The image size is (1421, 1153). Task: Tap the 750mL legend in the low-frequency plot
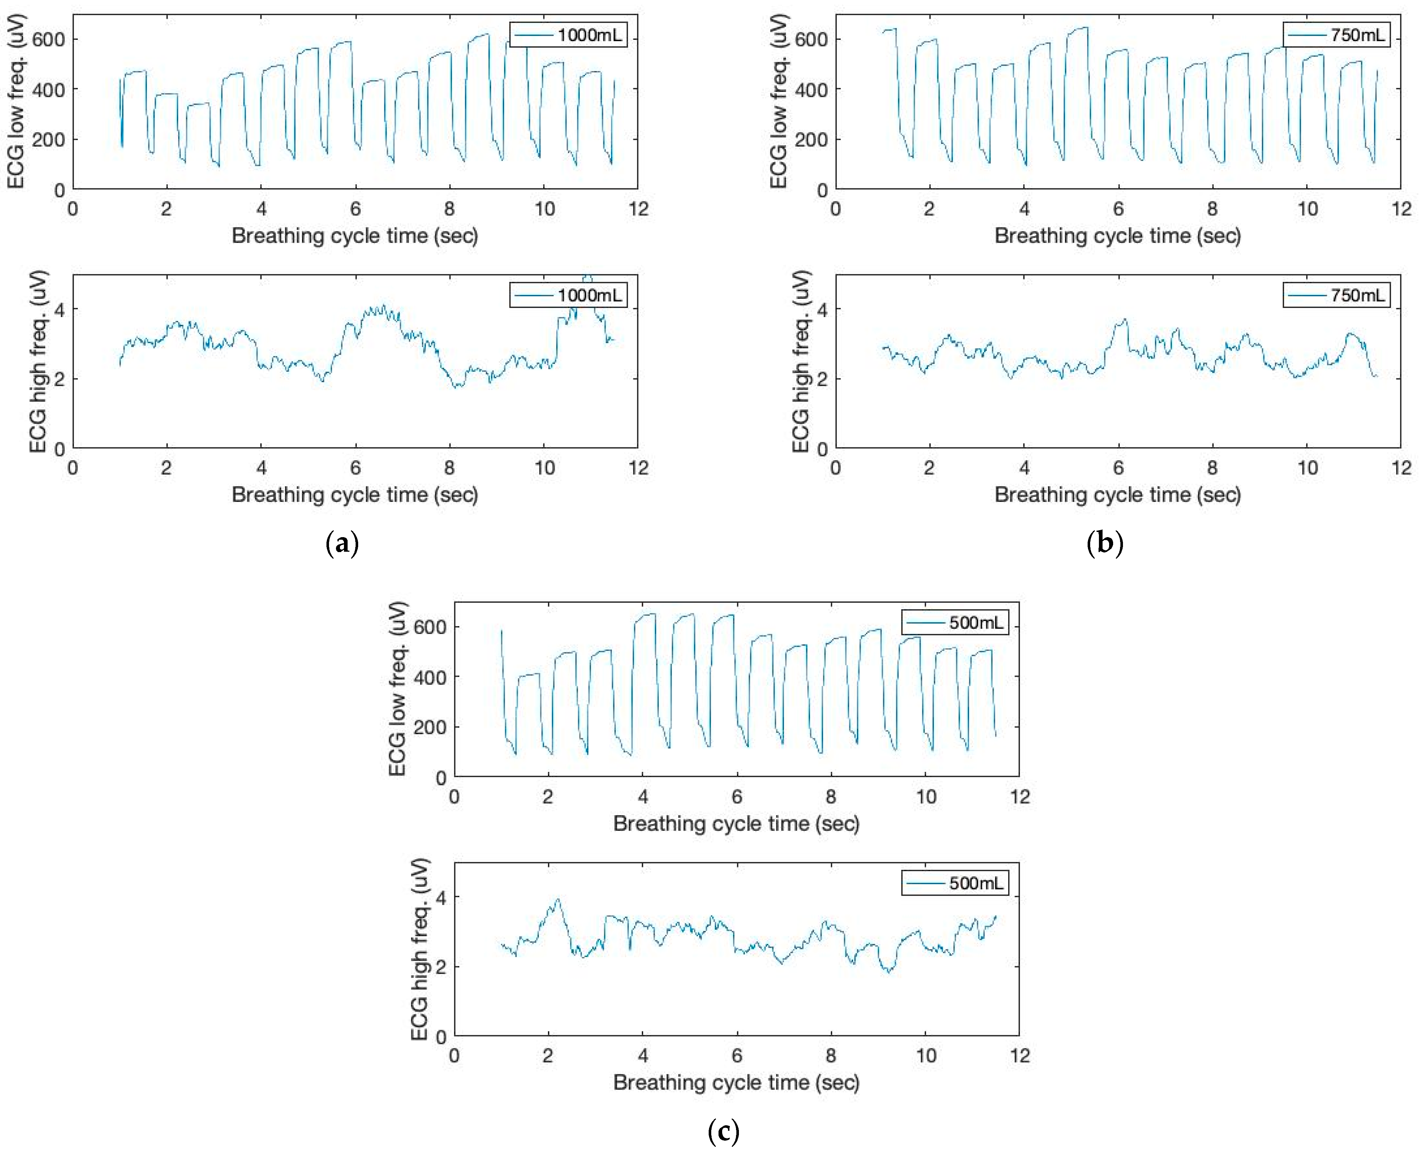[x=1336, y=35]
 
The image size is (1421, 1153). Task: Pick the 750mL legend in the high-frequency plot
[x=1336, y=296]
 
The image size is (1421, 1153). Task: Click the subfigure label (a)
[x=342, y=543]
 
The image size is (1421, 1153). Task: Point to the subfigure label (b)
[x=1105, y=543]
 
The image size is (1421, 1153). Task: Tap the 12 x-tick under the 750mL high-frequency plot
[x=1401, y=468]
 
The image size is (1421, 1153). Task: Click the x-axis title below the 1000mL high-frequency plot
[x=355, y=495]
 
